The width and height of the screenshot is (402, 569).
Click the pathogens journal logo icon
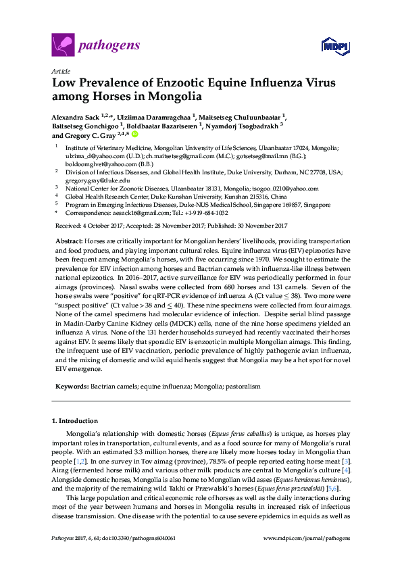click(62, 45)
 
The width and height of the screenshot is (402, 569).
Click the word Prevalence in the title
click(109, 83)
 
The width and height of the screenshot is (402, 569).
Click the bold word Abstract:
click(70, 241)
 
